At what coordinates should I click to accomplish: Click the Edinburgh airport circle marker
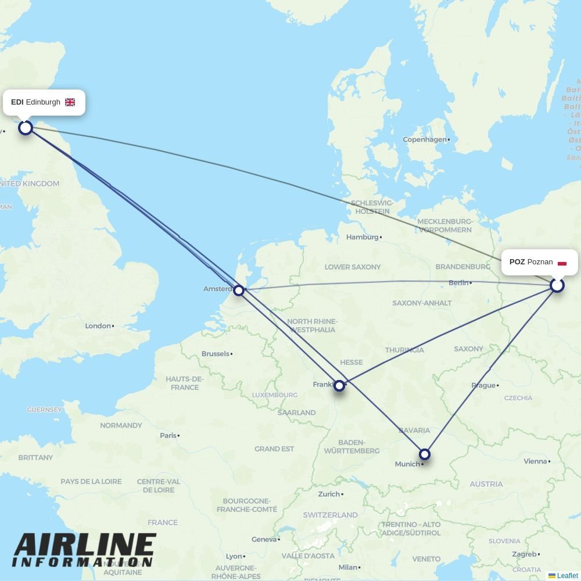click(26, 127)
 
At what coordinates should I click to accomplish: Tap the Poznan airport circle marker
click(557, 285)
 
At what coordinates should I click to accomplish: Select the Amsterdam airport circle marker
click(239, 290)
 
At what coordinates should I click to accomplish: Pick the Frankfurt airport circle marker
click(339, 385)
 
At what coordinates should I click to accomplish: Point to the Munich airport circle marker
click(425, 454)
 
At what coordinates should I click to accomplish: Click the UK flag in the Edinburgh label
click(70, 102)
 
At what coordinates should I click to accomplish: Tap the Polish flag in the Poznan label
click(562, 263)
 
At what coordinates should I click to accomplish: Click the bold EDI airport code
click(17, 102)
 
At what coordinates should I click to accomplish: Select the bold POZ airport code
click(517, 262)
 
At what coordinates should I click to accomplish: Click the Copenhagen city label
click(425, 139)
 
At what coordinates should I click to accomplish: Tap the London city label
click(98, 326)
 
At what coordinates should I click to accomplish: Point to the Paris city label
click(168, 435)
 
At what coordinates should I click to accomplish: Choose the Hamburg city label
click(362, 237)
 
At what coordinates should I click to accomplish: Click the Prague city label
click(483, 385)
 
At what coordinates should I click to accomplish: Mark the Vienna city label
click(535, 461)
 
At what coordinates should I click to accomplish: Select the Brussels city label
click(216, 354)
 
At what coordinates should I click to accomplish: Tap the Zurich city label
click(329, 494)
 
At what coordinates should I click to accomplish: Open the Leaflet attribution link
click(567, 576)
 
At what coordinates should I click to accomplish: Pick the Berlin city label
click(458, 283)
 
